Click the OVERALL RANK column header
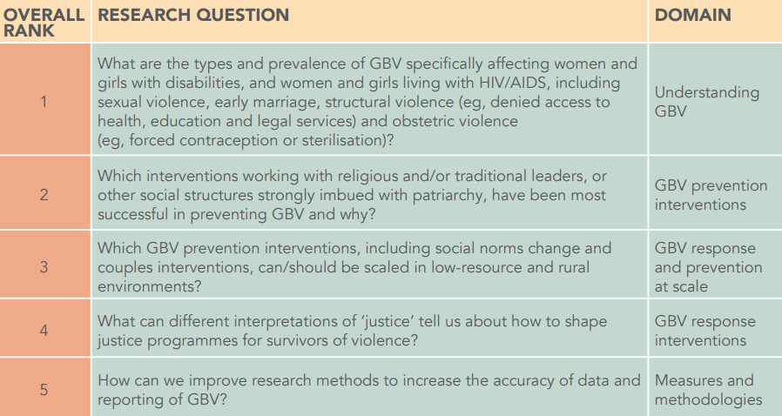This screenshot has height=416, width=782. click(x=44, y=23)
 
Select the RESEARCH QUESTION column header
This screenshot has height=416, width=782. click(x=193, y=15)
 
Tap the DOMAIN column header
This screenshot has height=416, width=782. click(x=692, y=15)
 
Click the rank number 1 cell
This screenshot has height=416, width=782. click(x=44, y=102)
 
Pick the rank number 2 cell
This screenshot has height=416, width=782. click(x=44, y=194)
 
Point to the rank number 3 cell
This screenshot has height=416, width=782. click(x=44, y=266)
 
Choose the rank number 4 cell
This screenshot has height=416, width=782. click(x=44, y=331)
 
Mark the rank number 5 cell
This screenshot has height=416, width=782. click(x=44, y=389)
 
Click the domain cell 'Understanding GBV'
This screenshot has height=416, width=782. click(x=707, y=102)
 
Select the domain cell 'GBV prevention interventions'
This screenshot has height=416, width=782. click(x=711, y=195)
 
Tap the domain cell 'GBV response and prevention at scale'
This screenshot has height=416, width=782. click(x=708, y=267)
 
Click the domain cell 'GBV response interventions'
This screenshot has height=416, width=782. click(x=704, y=331)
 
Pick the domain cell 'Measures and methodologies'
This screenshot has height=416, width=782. click(x=708, y=390)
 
